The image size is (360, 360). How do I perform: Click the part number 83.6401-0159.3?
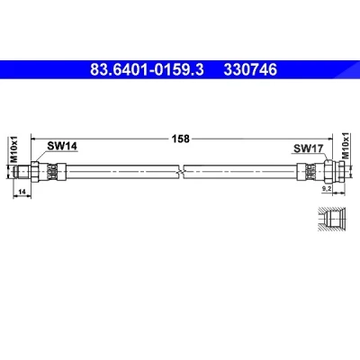click(x=147, y=69)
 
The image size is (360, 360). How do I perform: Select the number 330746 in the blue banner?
click(x=250, y=69)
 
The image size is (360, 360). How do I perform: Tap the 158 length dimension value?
click(x=180, y=139)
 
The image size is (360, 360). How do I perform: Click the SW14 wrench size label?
click(x=62, y=146)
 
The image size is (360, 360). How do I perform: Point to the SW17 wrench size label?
click(x=308, y=148)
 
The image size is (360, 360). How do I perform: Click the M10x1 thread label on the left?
click(x=14, y=149)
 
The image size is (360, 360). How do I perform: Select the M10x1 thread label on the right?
click(x=346, y=146)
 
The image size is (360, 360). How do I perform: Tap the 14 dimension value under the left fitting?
click(x=22, y=191)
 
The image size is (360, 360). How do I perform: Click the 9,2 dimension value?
click(x=327, y=188)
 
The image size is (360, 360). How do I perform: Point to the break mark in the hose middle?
click(x=181, y=172)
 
